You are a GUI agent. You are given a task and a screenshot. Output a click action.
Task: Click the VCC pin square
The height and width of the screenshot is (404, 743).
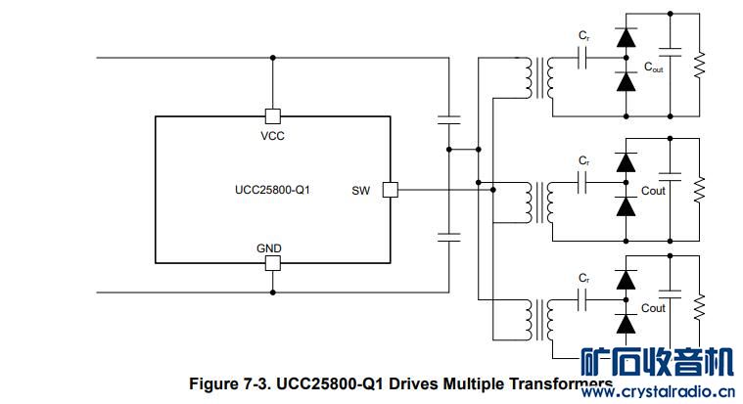[x=273, y=115]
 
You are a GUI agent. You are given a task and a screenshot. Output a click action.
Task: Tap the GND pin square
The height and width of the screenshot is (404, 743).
[x=273, y=263]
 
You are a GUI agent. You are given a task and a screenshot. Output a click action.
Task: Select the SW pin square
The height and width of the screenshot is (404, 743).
[x=390, y=189]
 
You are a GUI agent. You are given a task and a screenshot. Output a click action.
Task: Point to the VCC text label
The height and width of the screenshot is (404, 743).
[x=273, y=136]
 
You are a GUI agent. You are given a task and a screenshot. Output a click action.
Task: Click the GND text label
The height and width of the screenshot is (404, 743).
[x=269, y=248]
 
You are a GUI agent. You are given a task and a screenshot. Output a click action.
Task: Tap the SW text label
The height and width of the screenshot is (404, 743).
[x=361, y=190]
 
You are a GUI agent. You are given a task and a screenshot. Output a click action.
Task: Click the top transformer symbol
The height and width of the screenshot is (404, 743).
[x=538, y=77]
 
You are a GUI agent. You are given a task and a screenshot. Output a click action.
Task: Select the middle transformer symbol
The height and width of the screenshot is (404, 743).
[x=538, y=200]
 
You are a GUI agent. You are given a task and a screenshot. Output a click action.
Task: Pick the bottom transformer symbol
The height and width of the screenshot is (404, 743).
[x=538, y=319]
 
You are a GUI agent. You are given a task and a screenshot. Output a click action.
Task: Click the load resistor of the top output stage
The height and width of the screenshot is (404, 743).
[x=699, y=67]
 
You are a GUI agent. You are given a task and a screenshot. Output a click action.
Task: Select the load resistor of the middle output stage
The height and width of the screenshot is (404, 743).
[x=699, y=189]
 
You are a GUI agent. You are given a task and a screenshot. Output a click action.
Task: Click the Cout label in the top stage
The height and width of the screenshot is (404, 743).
[x=655, y=68]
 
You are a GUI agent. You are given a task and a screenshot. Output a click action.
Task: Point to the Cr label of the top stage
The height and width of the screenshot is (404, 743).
[x=583, y=36]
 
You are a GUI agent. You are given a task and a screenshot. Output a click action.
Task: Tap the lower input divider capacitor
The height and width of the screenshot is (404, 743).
[x=449, y=236]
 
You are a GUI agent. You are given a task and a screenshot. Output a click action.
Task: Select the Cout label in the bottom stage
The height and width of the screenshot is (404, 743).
[x=653, y=308]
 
